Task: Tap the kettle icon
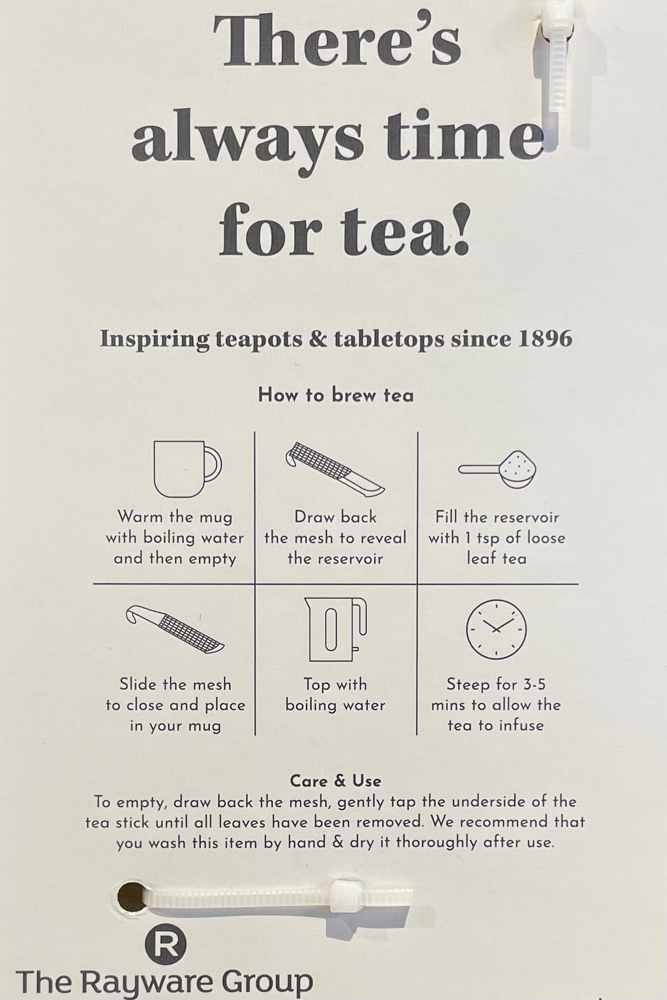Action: click(335, 629)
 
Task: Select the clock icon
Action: click(496, 629)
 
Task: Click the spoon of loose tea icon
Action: click(497, 469)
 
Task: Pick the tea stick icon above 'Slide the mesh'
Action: click(175, 629)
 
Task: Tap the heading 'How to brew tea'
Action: click(336, 395)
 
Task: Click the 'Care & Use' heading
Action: click(335, 781)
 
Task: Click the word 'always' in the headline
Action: click(248, 137)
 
